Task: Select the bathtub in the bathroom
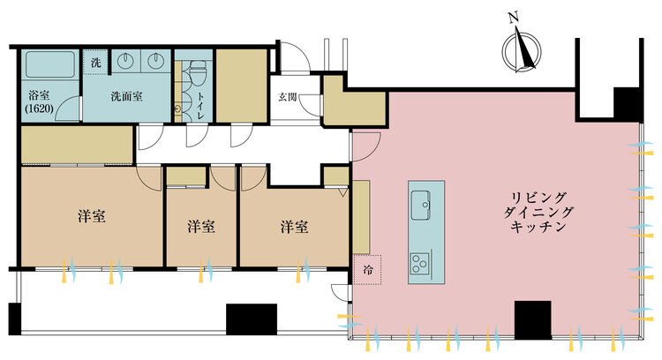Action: (x=50, y=65)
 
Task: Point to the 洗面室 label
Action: (x=127, y=97)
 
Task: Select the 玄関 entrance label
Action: (x=287, y=97)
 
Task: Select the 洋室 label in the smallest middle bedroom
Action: (x=201, y=227)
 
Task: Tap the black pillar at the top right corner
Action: (x=629, y=104)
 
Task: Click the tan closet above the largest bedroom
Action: (x=77, y=145)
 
